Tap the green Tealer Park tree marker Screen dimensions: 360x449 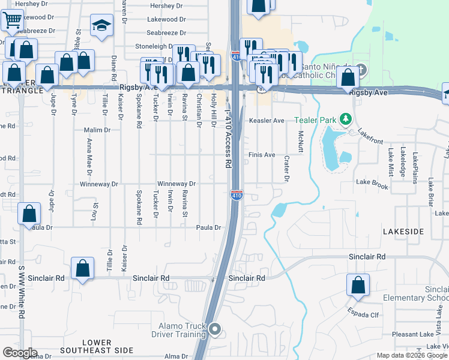pos(345,119)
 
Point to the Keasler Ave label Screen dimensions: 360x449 pos(267,121)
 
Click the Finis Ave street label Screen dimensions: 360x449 pos(262,155)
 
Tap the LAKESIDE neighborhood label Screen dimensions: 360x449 pos(403,231)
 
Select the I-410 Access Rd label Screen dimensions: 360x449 pos(228,140)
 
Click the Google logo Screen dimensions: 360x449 pos(19,352)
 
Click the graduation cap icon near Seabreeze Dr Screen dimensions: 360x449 pos(101,26)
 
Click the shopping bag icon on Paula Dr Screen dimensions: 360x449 pos(29,214)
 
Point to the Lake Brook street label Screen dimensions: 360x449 pos(372,181)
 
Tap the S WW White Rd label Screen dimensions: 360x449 pos(22,292)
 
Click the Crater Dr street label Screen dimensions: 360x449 pos(286,169)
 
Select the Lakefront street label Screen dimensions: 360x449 pos(370,138)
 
